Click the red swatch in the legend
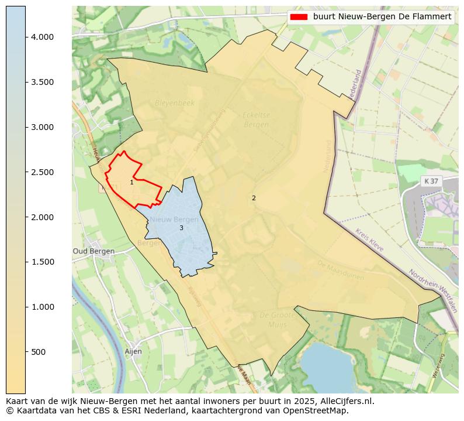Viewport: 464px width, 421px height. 299,17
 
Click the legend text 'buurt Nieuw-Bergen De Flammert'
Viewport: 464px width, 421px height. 382,17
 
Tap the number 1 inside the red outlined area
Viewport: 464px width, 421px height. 131,183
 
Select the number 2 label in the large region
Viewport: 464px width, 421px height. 254,198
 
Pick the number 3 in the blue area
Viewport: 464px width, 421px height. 181,228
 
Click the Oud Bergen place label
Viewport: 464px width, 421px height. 94,251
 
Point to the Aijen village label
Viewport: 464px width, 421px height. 133,351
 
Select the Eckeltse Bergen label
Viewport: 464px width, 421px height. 257,119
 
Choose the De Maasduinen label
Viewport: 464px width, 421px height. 340,271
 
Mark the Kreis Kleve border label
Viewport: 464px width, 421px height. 369,241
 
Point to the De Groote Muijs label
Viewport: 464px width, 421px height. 273,320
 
